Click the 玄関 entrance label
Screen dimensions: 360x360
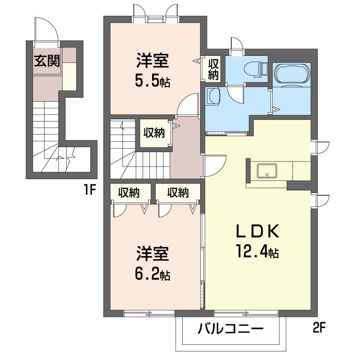point(47,61)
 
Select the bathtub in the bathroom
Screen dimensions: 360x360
point(292,73)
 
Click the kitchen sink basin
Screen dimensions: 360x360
point(267,171)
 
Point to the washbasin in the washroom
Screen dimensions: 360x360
point(212,96)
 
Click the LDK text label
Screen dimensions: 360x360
point(257,231)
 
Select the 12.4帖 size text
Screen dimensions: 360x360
point(257,252)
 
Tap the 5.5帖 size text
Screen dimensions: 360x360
point(153,81)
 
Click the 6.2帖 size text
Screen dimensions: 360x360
point(153,274)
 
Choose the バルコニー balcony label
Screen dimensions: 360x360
point(230,329)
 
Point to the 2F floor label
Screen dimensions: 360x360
point(319,328)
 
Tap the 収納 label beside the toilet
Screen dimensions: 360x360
point(213,69)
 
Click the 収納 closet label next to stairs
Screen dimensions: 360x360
point(154,133)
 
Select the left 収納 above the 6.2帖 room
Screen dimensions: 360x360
point(129,193)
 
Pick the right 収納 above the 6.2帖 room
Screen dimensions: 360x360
point(178,193)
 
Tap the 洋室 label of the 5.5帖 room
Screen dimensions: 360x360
point(153,61)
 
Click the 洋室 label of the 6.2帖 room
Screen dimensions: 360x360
point(153,253)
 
